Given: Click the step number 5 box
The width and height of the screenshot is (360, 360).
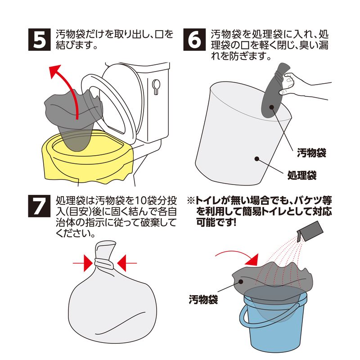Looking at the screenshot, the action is pyautogui.click(x=39, y=40).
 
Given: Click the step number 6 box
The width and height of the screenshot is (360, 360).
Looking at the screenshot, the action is pyautogui.click(x=194, y=40).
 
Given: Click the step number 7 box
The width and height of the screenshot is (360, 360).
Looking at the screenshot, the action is pyautogui.click(x=39, y=206).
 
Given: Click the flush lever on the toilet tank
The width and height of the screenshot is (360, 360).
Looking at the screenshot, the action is pyautogui.click(x=156, y=87).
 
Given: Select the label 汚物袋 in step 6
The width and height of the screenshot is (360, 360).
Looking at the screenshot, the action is pyautogui.click(x=311, y=153).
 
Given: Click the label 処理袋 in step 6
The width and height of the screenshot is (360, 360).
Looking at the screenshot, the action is pyautogui.click(x=302, y=175).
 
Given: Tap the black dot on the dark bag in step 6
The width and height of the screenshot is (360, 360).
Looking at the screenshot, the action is pyautogui.click(x=272, y=107).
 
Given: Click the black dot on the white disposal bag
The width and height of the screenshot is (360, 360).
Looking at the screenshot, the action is pyautogui.click(x=257, y=159).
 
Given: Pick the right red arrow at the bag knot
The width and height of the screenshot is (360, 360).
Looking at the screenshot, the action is pyautogui.click(x=127, y=263).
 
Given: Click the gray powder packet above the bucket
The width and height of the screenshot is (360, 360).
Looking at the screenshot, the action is pyautogui.click(x=310, y=231).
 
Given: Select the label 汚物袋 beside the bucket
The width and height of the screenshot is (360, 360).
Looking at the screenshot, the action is pyautogui.click(x=203, y=300).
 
